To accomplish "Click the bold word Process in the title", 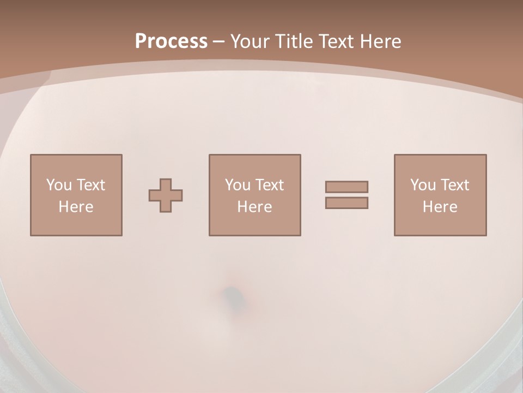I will [171, 41].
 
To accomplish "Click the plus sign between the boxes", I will [166, 195].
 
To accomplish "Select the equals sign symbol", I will [346, 195].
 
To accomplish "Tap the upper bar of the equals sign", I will [346, 187].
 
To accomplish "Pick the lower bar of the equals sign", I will [346, 203].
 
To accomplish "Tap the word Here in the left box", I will [76, 207].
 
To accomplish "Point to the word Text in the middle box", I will [269, 185].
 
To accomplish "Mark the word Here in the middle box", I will [255, 207].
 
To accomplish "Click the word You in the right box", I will [423, 185].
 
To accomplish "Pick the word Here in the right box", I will [440, 207].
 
